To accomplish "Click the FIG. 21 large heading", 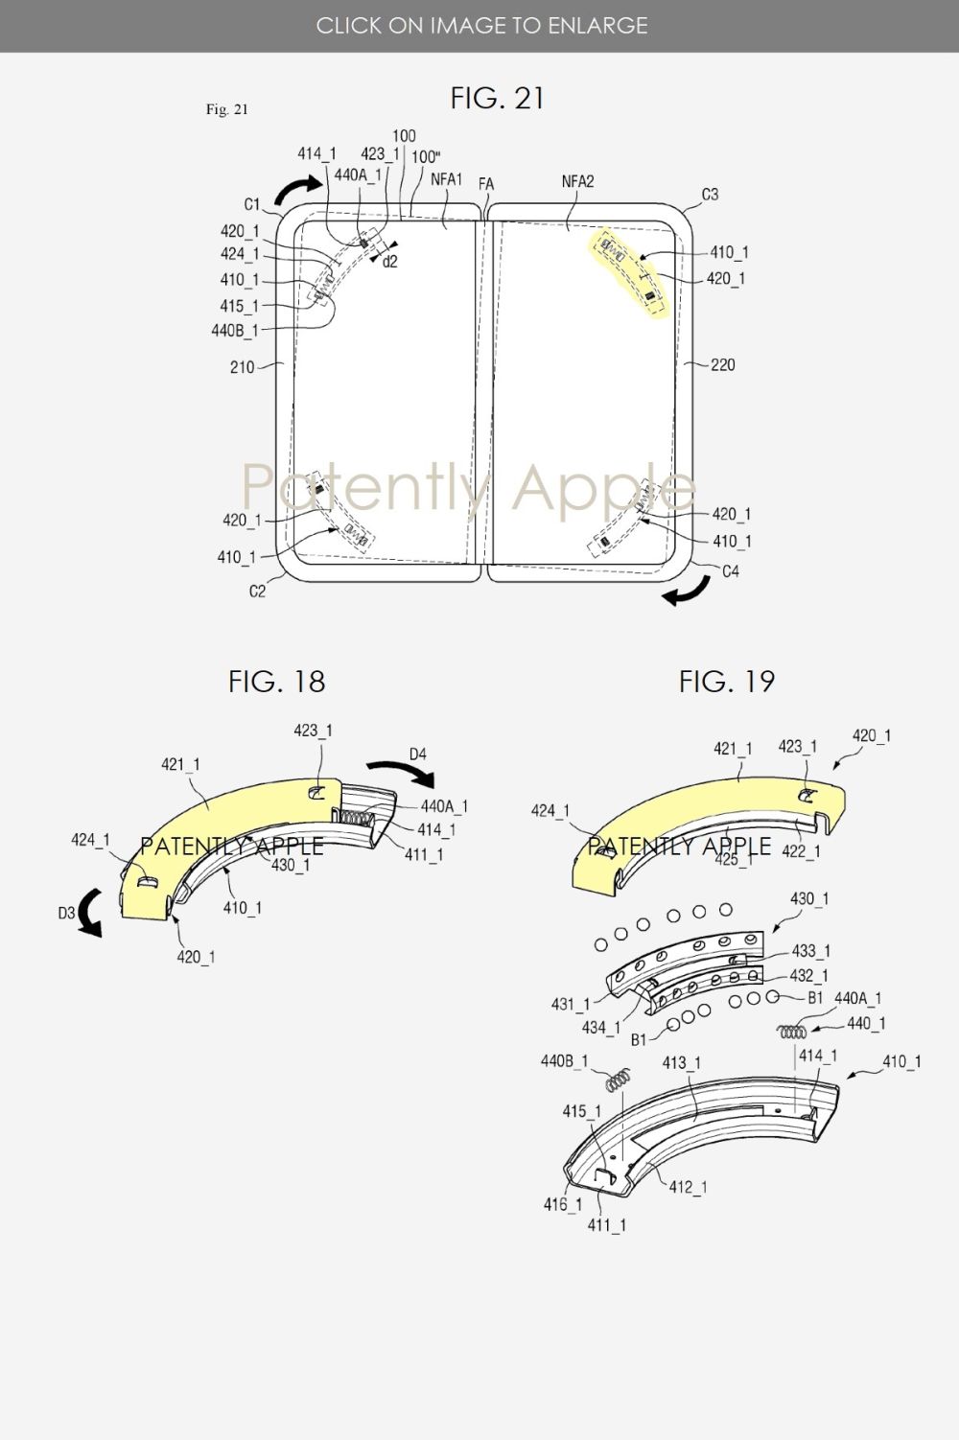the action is click(x=497, y=99).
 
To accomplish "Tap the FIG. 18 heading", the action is click(x=276, y=682).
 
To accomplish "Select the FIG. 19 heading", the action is click(x=727, y=682).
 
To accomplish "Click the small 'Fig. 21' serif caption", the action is click(x=226, y=109).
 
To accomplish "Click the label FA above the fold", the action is click(x=485, y=184).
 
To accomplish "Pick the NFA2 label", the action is click(x=577, y=182).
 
